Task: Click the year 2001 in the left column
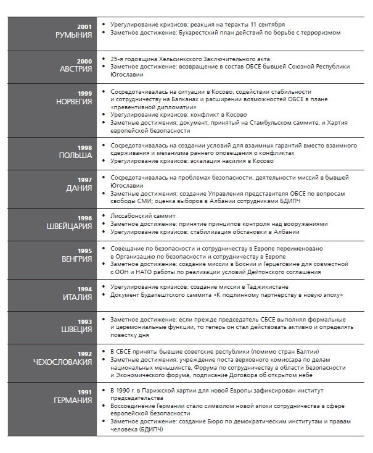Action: click(84, 27)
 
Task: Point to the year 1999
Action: click(84, 93)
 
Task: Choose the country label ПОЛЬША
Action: click(75, 156)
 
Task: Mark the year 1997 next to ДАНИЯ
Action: click(84, 180)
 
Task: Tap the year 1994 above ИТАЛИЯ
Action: click(84, 288)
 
